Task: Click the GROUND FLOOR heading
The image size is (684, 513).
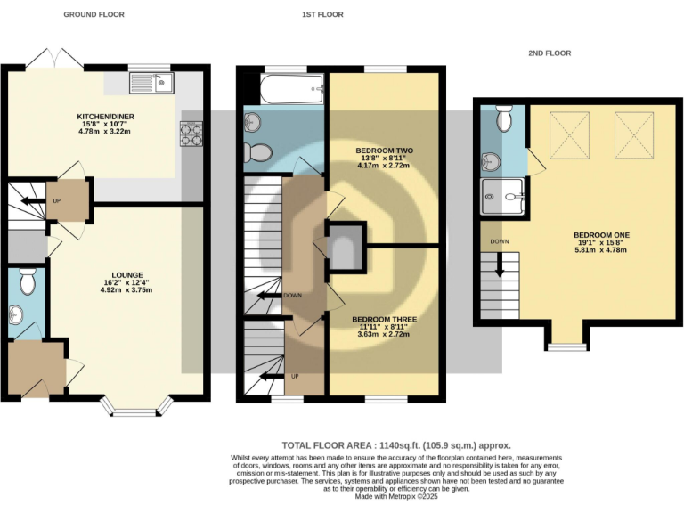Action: [94, 15]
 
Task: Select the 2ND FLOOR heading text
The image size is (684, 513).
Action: [549, 53]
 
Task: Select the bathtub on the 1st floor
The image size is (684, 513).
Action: [291, 86]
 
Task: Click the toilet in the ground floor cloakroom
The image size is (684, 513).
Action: [27, 281]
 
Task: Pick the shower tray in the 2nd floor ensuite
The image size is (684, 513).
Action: [502, 197]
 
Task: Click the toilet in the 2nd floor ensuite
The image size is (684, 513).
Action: [503, 118]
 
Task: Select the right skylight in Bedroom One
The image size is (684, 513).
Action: [634, 134]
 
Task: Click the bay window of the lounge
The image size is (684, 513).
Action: [134, 411]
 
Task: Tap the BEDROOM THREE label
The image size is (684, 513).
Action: [384, 319]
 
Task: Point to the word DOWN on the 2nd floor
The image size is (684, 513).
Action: [500, 241]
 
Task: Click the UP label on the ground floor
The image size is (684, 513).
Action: [56, 201]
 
